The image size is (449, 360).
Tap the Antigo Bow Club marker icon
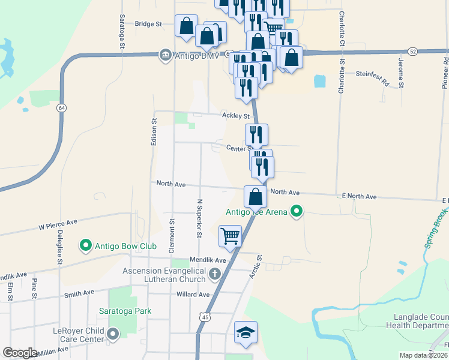tap(86, 245)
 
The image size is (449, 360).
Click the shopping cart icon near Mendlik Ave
tap(231, 236)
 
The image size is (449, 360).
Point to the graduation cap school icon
tap(246, 334)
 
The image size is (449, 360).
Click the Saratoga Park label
tap(125, 311)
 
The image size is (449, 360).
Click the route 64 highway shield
tap(61, 108)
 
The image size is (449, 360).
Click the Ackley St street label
tap(235, 115)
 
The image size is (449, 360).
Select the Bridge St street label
tap(149, 24)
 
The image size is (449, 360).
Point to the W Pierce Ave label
tap(58, 225)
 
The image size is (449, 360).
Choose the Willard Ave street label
tap(193, 295)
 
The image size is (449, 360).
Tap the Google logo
tap(20, 353)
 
